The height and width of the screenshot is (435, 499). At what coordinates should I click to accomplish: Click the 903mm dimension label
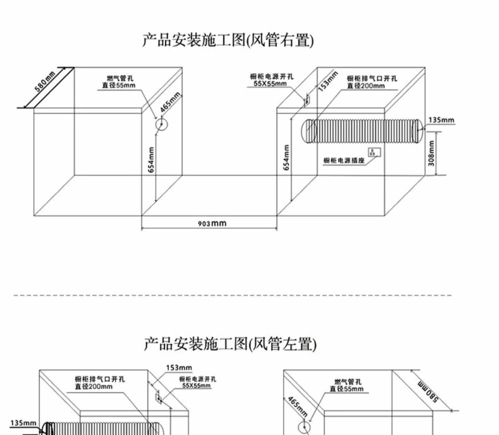point(212,223)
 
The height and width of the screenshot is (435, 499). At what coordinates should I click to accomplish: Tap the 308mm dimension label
point(431,153)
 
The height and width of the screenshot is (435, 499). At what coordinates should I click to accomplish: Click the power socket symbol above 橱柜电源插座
point(374,152)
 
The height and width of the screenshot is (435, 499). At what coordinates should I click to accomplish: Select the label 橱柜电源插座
point(344,161)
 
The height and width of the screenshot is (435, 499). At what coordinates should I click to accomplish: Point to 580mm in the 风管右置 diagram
point(45,81)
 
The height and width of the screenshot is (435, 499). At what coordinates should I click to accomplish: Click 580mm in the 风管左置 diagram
point(428,391)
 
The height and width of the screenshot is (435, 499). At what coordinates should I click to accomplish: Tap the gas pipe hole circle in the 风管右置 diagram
point(161,125)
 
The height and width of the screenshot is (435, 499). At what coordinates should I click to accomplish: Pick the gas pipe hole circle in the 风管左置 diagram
point(304,427)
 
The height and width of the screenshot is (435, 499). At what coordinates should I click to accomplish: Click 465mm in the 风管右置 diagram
point(170,102)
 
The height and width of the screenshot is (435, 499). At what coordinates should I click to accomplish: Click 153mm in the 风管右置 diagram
point(328,82)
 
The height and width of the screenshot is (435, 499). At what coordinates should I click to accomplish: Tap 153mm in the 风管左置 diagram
point(179,368)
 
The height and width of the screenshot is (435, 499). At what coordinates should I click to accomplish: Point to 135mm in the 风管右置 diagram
point(441,120)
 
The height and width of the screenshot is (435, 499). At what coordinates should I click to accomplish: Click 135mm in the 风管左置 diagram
point(23,423)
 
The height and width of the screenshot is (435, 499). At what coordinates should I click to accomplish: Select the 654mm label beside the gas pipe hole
point(151,160)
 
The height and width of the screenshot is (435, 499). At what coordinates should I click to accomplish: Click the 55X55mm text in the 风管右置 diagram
point(270,84)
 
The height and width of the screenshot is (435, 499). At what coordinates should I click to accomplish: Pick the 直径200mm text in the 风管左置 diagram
point(94,386)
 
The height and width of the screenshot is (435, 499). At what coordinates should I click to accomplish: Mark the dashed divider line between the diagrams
point(233,295)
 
